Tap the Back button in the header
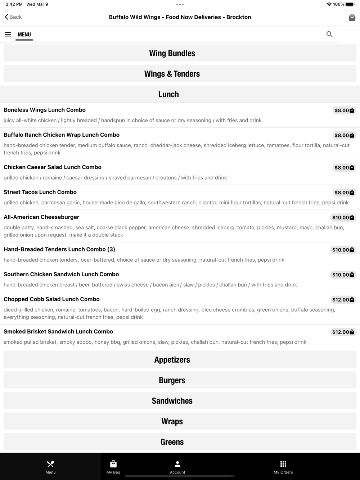pyautogui.click(x=13, y=17)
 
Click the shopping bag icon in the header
pyautogui.click(x=352, y=17)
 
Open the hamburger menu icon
pyautogui.click(x=8, y=35)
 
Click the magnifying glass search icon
pyautogui.click(x=329, y=34)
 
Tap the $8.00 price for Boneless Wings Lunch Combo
pyautogui.click(x=344, y=110)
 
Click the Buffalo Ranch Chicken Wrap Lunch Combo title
pyautogui.click(x=62, y=135)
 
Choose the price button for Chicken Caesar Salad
pyautogui.click(x=344, y=168)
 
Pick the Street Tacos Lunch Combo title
pyautogui.click(x=40, y=192)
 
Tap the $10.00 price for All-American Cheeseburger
pyautogui.click(x=343, y=218)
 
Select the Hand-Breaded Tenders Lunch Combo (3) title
pyautogui.click(x=59, y=249)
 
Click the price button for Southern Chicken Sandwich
pyautogui.click(x=343, y=275)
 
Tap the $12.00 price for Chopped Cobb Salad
pyautogui.click(x=343, y=300)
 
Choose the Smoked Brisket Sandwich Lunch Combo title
pyautogui.click(x=58, y=332)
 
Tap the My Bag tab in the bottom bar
pyautogui.click(x=113, y=467)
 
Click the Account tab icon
pyautogui.click(x=177, y=464)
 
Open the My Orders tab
pyautogui.click(x=283, y=467)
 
